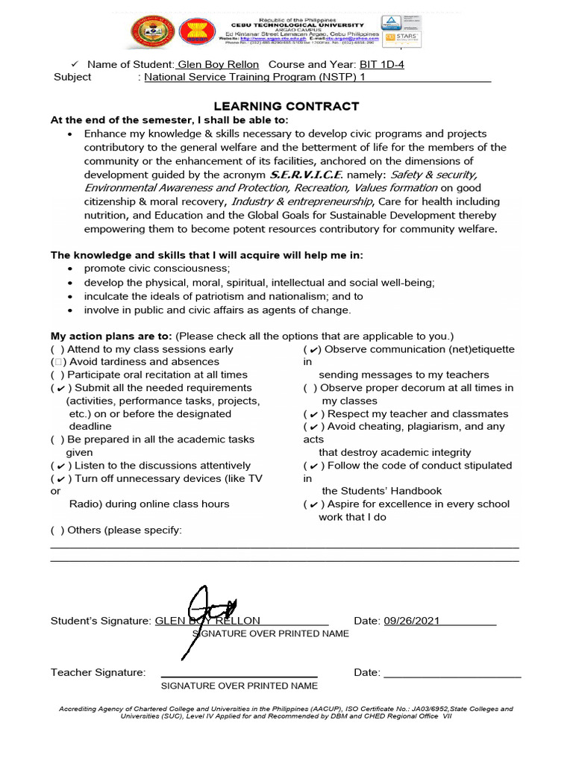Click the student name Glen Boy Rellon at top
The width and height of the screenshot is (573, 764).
(x=218, y=64)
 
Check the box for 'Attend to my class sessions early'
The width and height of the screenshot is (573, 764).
(x=57, y=349)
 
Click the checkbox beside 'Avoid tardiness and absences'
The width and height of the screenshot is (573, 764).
(x=57, y=362)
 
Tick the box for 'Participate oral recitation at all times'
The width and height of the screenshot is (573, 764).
(x=57, y=375)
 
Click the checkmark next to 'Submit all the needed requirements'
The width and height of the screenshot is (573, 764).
(x=60, y=388)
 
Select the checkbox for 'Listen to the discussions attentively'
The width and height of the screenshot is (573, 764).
(x=60, y=466)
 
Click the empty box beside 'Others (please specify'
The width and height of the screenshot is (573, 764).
(x=57, y=530)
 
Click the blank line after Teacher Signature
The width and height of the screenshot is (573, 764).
(x=239, y=672)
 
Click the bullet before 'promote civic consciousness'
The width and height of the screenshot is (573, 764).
(x=69, y=269)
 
